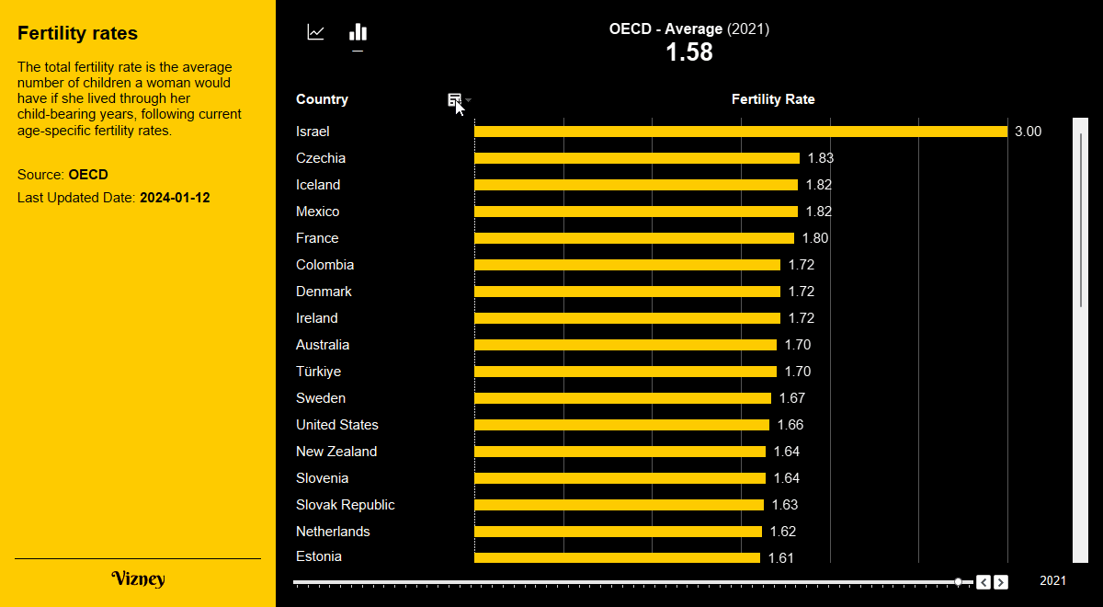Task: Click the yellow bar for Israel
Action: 741,132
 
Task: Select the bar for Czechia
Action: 637,158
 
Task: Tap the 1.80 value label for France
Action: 815,238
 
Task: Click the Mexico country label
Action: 317,212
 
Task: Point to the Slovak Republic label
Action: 346,505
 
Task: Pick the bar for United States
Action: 621,425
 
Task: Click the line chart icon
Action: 316,33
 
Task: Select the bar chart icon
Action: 358,33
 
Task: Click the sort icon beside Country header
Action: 454,99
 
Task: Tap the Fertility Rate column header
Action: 773,99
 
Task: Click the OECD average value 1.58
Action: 689,52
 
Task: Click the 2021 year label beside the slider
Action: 1052,580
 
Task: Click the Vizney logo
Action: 138,578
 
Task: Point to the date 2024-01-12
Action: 175,198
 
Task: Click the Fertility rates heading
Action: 77,33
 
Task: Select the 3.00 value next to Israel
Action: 1028,132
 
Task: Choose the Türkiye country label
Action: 318,372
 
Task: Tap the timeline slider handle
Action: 959,581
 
